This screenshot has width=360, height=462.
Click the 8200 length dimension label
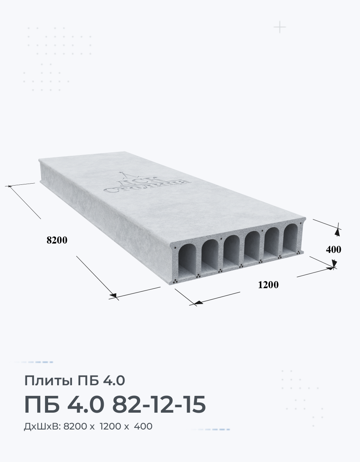click(x=57, y=240)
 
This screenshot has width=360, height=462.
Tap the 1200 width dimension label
click(x=268, y=285)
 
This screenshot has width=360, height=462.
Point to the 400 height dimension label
click(x=333, y=249)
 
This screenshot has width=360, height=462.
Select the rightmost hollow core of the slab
click(x=290, y=239)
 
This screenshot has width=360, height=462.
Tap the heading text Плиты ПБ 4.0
click(x=75, y=381)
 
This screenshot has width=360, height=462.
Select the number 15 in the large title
click(x=194, y=404)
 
